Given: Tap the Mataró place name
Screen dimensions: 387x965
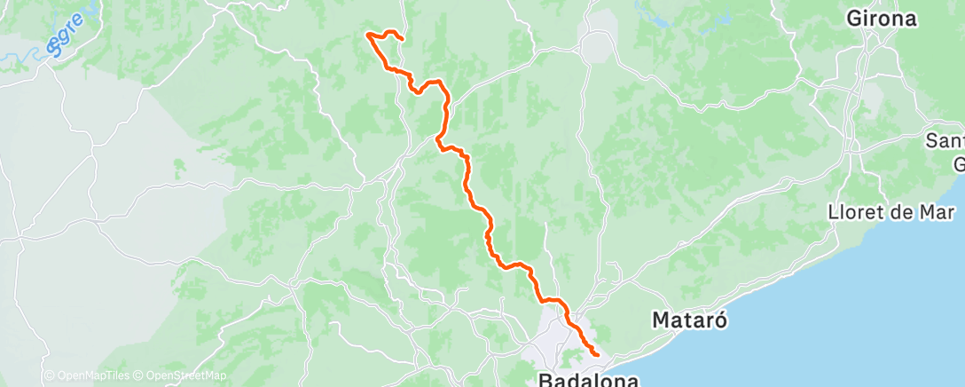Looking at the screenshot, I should click(690, 320).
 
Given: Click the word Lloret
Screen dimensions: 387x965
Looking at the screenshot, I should click(855, 212).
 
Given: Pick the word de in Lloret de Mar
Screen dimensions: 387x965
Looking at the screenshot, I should click(904, 212).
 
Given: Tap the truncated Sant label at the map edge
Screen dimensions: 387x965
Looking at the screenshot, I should click(945, 140).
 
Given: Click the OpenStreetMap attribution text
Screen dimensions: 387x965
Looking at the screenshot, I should click(185, 375).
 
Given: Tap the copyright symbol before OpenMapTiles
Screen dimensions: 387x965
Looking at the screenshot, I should click(49, 375).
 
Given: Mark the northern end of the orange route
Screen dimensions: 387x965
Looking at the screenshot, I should click(404, 39).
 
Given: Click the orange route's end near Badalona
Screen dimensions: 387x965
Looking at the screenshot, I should click(597, 355).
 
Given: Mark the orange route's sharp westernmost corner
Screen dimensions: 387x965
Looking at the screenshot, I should click(367, 35).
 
